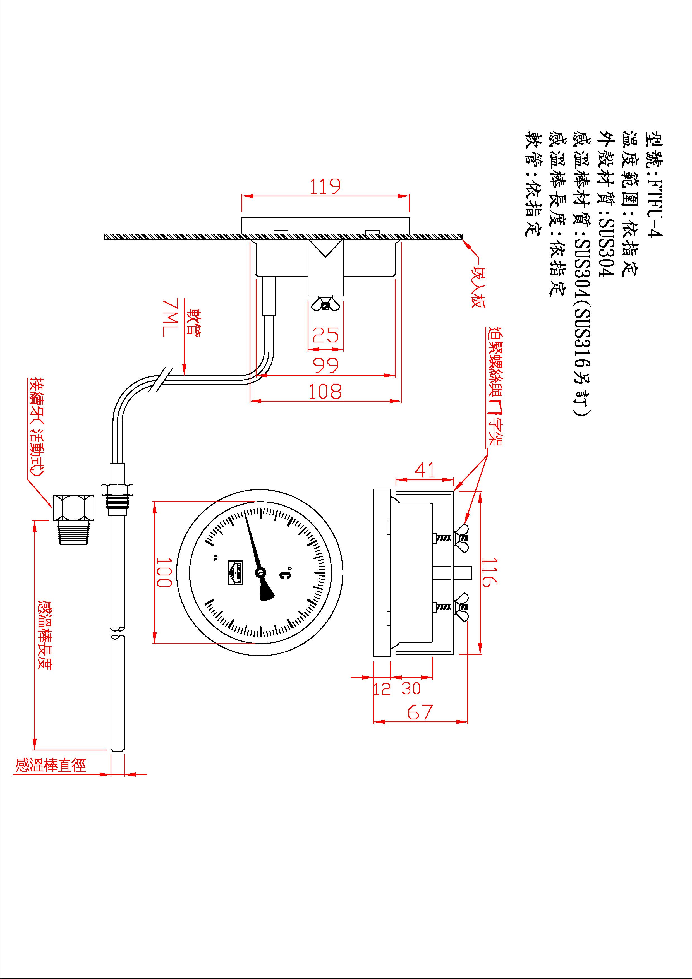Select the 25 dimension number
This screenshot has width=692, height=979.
pos(325,335)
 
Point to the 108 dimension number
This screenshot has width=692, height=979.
pos(325,392)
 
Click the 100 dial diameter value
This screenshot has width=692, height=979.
pos(164,572)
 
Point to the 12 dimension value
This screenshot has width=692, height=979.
pos(382,689)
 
